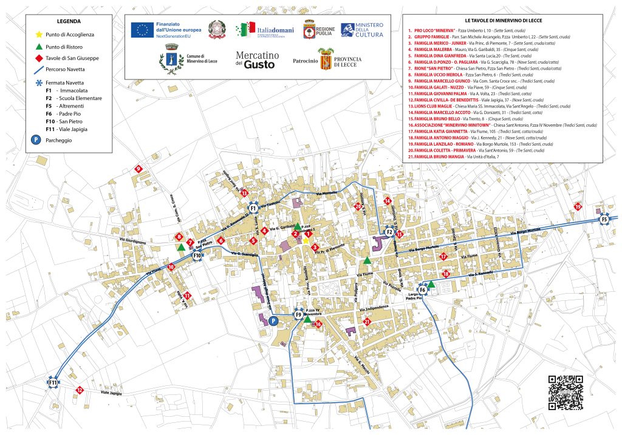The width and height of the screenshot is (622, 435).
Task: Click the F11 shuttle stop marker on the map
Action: pyautogui.click(x=53, y=383)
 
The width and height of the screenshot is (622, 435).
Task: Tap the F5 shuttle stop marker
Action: pyautogui.click(x=604, y=220)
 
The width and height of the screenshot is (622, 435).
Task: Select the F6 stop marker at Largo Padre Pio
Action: pyautogui.click(x=423, y=289)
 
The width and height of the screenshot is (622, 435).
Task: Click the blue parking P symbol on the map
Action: pyautogui.click(x=273, y=320)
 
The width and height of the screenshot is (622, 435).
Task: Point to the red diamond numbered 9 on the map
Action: pyautogui.click(x=138, y=169)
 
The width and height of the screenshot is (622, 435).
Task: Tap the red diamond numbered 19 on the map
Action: pyautogui.click(x=578, y=207)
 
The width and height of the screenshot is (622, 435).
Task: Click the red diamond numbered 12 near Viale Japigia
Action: pyautogui.click(x=79, y=390)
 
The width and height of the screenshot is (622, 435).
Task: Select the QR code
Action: pyautogui.click(x=566, y=392)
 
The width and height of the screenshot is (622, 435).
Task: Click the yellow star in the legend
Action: pyautogui.click(x=39, y=35)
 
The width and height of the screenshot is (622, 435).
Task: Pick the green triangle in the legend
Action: pyautogui.click(x=39, y=47)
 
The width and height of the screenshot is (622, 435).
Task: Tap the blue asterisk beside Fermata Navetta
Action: pyautogui.click(x=39, y=82)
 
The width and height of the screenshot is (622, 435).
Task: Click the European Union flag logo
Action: pyautogui.click(x=143, y=29)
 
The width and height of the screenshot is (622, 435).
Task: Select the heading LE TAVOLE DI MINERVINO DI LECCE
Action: pyautogui.click(x=502, y=21)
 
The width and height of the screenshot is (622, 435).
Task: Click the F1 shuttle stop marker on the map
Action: pyautogui.click(x=253, y=208)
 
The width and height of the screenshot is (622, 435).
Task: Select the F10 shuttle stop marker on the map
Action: pyautogui.click(x=197, y=255)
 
